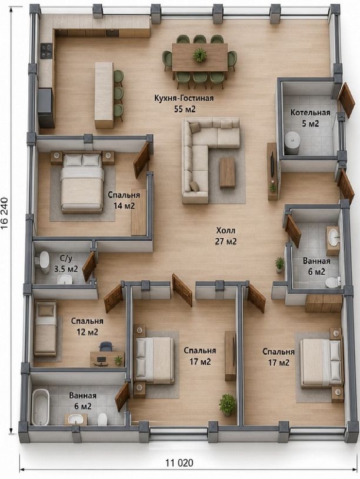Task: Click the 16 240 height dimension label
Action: point(5,214)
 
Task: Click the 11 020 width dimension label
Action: point(179,463)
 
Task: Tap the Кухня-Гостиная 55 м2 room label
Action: point(184,103)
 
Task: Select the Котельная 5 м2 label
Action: point(310,118)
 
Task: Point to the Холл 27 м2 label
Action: point(226,236)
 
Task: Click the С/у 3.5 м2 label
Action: point(66,264)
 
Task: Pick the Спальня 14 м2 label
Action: point(124,200)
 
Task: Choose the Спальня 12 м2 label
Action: point(87,327)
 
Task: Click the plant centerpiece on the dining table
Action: point(199,55)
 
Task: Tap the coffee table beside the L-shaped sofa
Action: point(227,172)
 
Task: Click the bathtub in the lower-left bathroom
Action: point(41,407)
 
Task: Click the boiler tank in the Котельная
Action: point(292,142)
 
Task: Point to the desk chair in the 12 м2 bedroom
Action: point(106,347)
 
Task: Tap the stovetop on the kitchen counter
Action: point(46,51)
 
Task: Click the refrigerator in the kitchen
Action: point(46,107)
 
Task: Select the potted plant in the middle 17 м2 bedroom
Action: point(228,404)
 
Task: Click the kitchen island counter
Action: point(104,95)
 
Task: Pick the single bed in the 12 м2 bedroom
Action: point(45,328)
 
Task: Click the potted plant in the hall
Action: point(279,265)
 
